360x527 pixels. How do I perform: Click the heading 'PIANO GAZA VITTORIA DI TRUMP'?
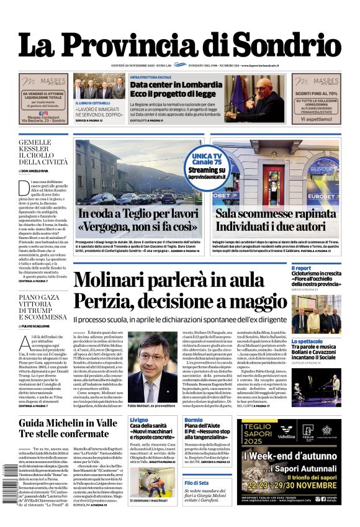click(42, 307)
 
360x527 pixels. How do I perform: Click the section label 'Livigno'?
click(139, 420)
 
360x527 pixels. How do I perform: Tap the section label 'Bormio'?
click(193, 420)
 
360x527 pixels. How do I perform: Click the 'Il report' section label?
click(302, 268)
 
